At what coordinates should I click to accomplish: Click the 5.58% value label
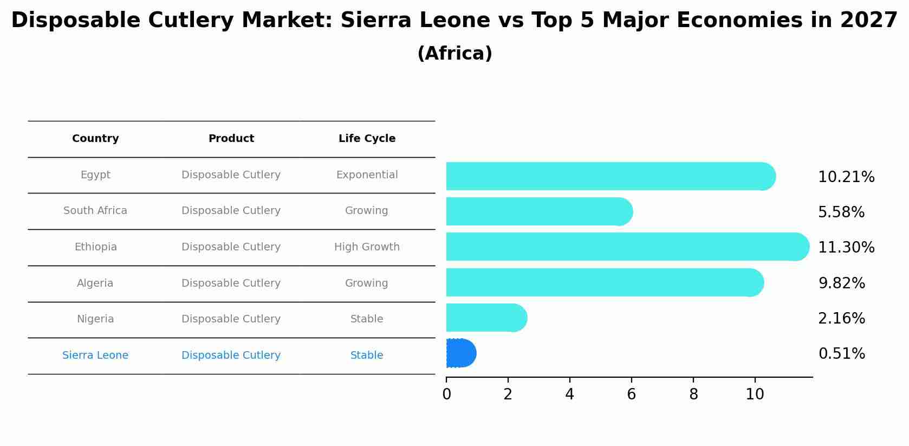[841, 212]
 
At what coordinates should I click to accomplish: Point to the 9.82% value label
[841, 283]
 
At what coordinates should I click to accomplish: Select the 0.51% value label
[841, 354]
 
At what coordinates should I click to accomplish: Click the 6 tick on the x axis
[631, 395]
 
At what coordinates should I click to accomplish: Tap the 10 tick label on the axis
[755, 395]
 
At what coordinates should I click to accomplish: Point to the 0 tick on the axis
[446, 395]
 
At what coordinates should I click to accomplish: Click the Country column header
[95, 139]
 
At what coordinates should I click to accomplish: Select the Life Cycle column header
[367, 139]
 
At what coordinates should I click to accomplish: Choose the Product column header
[231, 139]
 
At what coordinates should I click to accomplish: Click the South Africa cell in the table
[95, 211]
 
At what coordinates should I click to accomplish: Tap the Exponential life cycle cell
[367, 175]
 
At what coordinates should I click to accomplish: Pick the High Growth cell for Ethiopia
[367, 247]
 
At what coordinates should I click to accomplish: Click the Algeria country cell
[95, 283]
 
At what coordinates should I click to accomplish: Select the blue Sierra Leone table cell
[95, 355]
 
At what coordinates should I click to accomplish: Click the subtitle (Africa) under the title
[454, 54]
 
